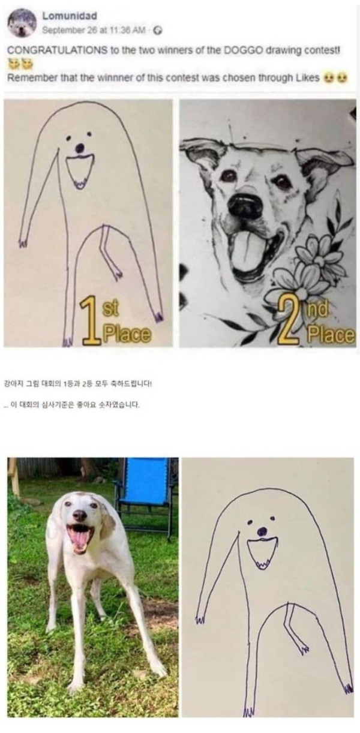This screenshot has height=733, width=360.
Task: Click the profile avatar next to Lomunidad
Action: click(22, 23)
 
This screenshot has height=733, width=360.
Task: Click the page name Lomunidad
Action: click(70, 15)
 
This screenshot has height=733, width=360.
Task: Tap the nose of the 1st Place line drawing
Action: click(80, 147)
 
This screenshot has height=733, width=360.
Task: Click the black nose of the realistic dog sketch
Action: click(245, 206)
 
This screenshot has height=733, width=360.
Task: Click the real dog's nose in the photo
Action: click(79, 515)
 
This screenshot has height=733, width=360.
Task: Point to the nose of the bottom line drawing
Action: click(262, 531)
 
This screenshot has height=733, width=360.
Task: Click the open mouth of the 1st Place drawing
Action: click(80, 169)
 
